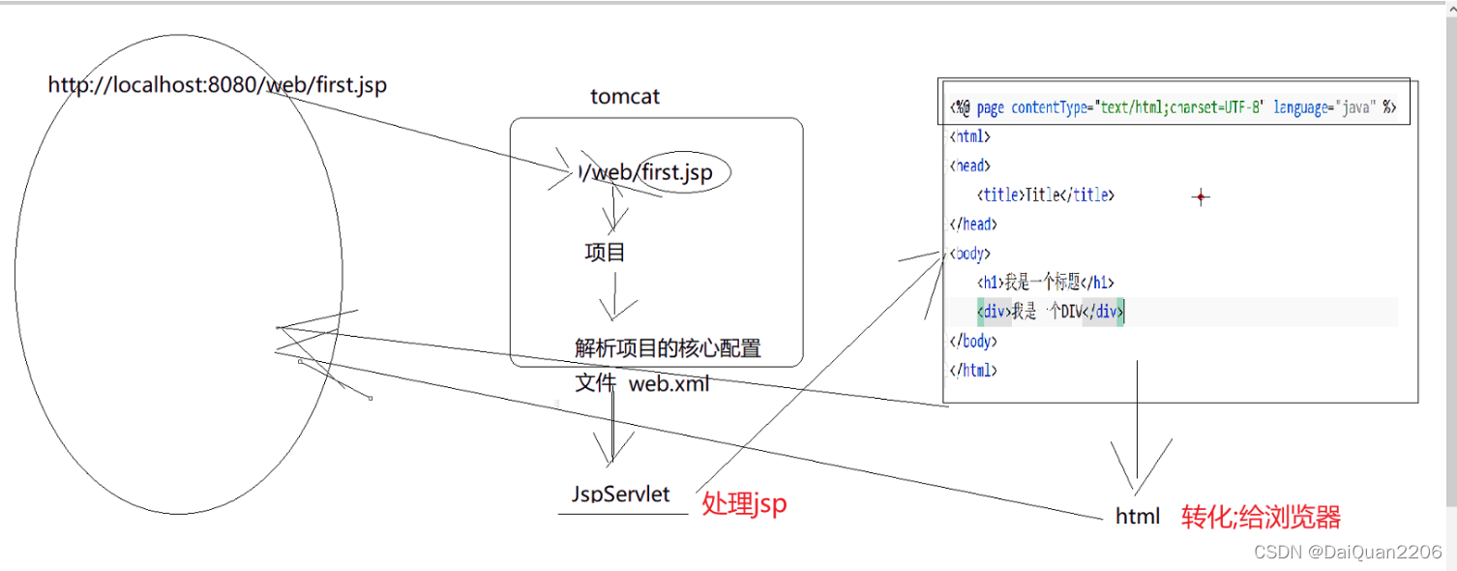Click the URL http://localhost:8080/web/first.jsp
click(x=217, y=85)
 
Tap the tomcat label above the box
click(x=625, y=98)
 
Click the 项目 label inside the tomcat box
click(x=605, y=254)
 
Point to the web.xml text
click(x=669, y=383)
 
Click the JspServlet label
click(x=621, y=495)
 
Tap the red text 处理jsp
click(x=744, y=503)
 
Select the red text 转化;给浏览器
click(x=1261, y=518)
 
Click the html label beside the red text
click(x=1138, y=517)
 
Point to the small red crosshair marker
click(x=1201, y=197)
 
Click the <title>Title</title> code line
click(x=1046, y=195)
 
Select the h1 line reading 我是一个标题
click(x=1046, y=283)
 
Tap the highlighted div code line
click(x=1051, y=312)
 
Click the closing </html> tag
click(x=973, y=370)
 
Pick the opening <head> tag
click(x=970, y=166)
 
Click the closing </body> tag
click(x=973, y=341)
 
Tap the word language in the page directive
click(x=1302, y=108)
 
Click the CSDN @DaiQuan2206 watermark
click(x=1348, y=551)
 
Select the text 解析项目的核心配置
click(x=668, y=348)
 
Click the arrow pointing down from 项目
click(x=613, y=295)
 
